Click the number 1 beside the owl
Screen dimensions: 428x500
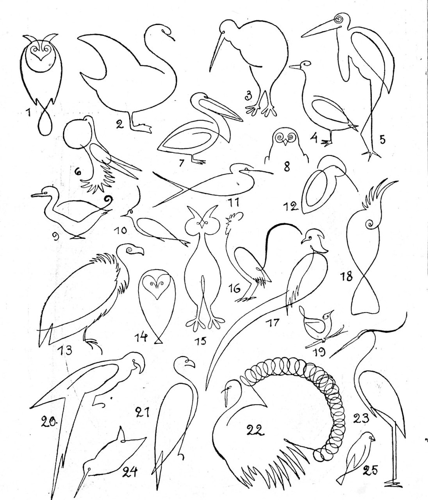tap(29, 112)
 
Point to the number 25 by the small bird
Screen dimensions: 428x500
tap(370, 470)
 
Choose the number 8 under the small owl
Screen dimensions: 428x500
tap(287, 167)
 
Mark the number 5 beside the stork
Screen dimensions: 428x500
tap(383, 140)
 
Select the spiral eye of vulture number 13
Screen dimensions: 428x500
tap(129, 250)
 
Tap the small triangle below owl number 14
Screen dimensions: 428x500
tap(158, 341)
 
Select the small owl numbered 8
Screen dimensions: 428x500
tap(286, 145)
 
